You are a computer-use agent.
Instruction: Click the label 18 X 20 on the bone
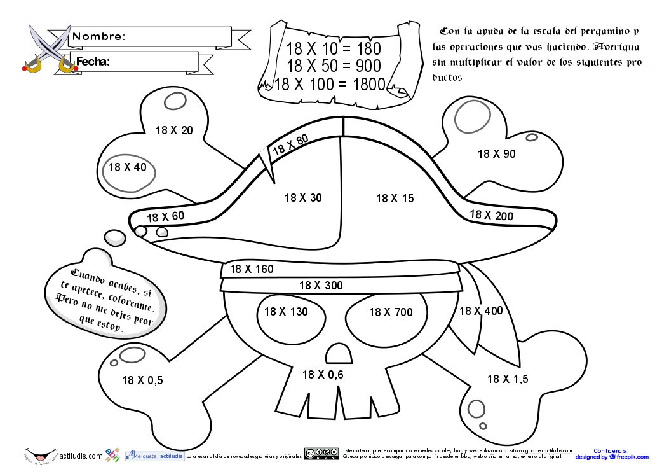click(x=173, y=130)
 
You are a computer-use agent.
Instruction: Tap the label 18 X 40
click(x=127, y=167)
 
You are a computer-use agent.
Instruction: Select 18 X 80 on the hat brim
click(x=290, y=145)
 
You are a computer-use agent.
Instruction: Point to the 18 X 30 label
click(x=303, y=198)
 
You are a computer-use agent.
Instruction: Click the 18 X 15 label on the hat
click(x=395, y=199)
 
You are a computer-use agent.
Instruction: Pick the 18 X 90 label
click(x=496, y=154)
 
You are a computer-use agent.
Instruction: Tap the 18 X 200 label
click(x=491, y=216)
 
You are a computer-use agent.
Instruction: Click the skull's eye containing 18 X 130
click(x=286, y=312)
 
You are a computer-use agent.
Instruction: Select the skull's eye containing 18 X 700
click(x=390, y=312)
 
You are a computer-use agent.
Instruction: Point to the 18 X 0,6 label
click(x=323, y=375)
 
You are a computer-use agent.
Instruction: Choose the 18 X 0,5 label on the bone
click(x=142, y=380)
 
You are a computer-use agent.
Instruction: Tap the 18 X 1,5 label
click(x=508, y=379)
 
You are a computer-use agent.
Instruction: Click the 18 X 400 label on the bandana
click(x=480, y=311)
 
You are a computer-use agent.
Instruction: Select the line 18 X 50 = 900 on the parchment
click(x=334, y=66)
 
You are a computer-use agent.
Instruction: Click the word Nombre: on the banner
click(x=99, y=37)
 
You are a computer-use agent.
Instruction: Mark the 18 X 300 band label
click(x=321, y=286)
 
